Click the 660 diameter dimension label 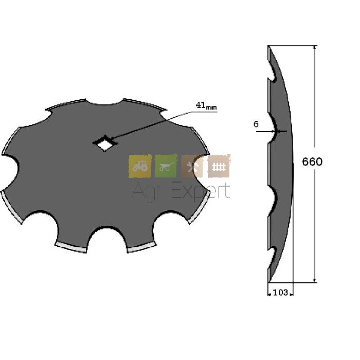tap(312, 162)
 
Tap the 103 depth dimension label tap(280, 293)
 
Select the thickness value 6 tap(256, 124)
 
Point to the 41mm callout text tap(206, 105)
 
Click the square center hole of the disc tap(105, 144)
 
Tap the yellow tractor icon tap(140, 166)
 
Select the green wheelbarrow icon tap(166, 166)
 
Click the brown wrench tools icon tap(192, 166)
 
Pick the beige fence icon tap(219, 166)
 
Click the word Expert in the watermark tap(201, 191)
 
